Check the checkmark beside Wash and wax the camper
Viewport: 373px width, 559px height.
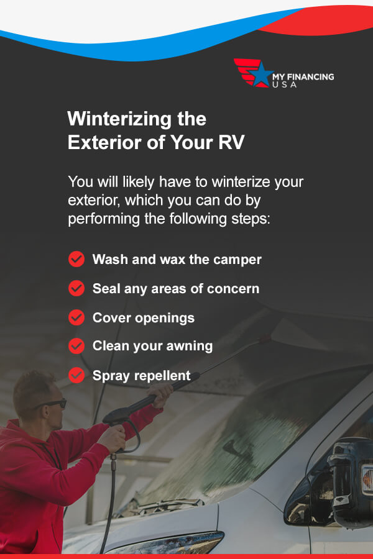76,259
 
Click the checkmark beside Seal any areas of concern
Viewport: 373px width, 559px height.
76,288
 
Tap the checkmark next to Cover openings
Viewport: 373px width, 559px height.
76,317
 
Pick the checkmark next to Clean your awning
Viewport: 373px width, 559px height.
76,346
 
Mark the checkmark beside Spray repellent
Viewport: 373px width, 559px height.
76,375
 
